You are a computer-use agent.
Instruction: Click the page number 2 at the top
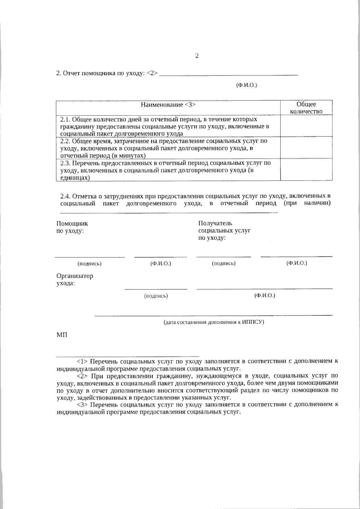point(197,56)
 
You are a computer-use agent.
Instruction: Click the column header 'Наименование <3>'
point(168,105)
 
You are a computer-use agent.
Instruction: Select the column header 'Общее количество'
point(306,108)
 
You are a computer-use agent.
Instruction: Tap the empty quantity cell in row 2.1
point(306,126)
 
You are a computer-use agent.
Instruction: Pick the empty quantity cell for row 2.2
point(306,148)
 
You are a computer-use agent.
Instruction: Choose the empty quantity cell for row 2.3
point(306,169)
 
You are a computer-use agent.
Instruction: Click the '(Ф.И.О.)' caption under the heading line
point(247,85)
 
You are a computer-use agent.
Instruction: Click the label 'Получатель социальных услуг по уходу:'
point(224,231)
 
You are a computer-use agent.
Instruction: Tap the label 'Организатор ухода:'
point(75,279)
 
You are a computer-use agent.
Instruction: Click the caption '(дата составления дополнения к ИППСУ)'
point(214,322)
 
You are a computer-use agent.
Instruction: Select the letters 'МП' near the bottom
point(62,335)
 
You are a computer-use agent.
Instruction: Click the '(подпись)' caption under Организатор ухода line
point(156,296)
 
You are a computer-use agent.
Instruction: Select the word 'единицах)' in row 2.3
point(75,178)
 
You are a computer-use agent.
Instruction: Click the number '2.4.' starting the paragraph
point(65,196)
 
